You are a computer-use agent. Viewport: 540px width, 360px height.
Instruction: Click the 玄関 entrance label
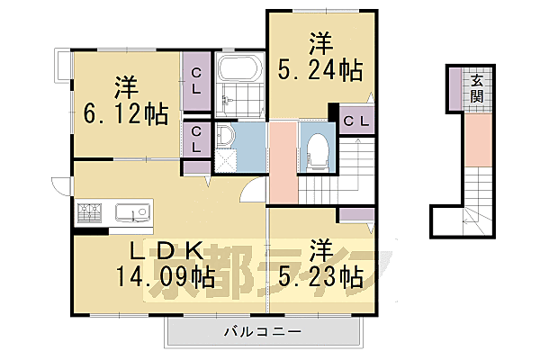(473, 88)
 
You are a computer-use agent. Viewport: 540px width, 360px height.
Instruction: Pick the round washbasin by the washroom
(224, 137)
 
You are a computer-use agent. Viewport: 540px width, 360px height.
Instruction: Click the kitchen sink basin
(131, 213)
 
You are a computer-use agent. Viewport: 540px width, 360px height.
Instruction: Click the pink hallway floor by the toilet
(282, 162)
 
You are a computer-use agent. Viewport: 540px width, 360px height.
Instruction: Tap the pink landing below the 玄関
(478, 142)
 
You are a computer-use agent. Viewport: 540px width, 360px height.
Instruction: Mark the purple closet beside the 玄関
(455, 87)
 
